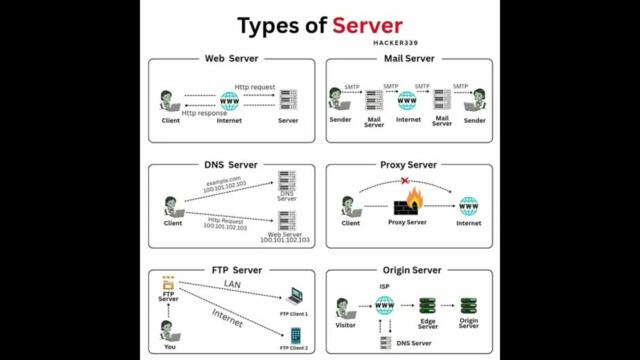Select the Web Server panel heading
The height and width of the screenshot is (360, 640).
point(231,59)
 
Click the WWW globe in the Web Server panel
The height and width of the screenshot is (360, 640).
point(229,100)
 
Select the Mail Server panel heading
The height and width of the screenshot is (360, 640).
point(408,59)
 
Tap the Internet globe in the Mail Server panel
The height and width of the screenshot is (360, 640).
point(407,100)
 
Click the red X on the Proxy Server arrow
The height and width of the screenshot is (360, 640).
point(404,182)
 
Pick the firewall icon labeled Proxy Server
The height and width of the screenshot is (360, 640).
point(407,205)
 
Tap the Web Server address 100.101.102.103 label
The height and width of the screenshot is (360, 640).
point(285,240)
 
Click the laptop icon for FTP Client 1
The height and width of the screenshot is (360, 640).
point(294,297)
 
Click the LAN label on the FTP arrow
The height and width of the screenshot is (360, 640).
point(232,285)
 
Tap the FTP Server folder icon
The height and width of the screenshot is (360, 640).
point(169,286)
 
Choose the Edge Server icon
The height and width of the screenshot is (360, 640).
point(428,305)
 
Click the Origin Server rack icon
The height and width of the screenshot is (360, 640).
point(468,305)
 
